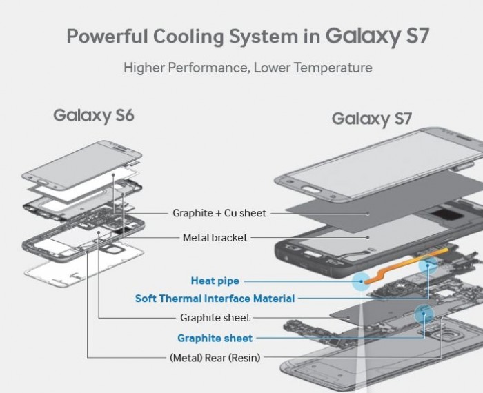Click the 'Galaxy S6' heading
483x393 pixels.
point(93,115)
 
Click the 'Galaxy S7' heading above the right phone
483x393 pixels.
point(371,119)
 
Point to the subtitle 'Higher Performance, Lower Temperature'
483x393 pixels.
point(248,68)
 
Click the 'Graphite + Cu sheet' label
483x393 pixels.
point(219,213)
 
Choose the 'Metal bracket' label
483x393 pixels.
point(215,238)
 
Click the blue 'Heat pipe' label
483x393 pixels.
point(215,281)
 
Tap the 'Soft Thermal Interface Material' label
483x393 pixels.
point(215,299)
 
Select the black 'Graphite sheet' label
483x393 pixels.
point(215,318)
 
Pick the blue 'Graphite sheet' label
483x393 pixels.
point(215,338)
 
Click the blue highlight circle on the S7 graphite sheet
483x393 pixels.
point(422,313)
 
